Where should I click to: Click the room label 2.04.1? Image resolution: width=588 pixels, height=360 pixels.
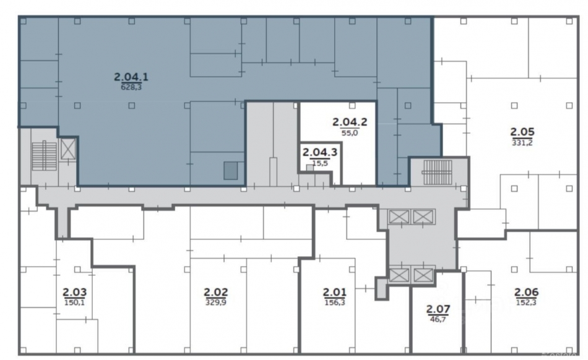click(x=131, y=77)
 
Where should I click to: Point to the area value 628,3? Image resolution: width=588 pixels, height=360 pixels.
click(x=131, y=88)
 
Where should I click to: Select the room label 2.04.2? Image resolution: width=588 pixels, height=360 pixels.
click(x=350, y=122)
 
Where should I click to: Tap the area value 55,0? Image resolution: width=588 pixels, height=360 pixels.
click(x=350, y=132)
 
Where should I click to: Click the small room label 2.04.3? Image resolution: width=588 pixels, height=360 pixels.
click(x=320, y=152)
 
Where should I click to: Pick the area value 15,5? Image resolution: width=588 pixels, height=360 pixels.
click(x=320, y=163)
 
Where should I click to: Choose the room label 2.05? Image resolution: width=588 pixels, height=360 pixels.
click(x=522, y=132)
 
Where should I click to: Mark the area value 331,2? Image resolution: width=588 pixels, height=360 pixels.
click(x=522, y=143)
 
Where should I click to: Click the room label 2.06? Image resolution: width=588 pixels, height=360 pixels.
click(x=526, y=292)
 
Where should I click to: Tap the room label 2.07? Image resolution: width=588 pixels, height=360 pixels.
click(x=438, y=309)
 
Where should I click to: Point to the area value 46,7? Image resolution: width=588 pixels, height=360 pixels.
click(x=438, y=319)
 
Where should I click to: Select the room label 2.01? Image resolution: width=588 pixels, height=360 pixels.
click(x=335, y=292)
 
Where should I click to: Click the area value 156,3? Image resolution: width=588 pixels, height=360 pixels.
click(x=335, y=302)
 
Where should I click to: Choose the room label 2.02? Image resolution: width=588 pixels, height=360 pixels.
click(x=216, y=292)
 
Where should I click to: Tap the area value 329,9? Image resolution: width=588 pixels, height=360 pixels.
click(x=216, y=302)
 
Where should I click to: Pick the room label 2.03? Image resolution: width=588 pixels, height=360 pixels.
click(x=75, y=292)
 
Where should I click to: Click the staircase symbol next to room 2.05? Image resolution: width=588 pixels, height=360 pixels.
click(x=438, y=173)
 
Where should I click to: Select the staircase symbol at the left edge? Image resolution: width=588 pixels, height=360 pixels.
click(x=44, y=156)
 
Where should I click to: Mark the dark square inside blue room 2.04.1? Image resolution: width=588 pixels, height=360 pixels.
click(x=231, y=171)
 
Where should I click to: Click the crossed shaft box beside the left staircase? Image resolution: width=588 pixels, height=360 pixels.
click(x=68, y=148)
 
